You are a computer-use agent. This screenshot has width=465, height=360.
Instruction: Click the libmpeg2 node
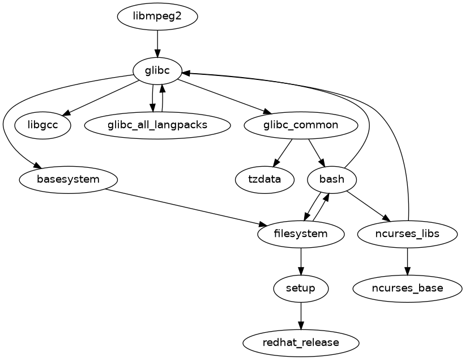click(157, 16)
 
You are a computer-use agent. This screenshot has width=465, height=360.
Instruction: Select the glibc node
click(157, 70)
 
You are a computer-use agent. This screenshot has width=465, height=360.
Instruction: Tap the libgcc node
click(42, 125)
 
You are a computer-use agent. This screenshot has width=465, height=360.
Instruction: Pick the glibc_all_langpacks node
click(157, 125)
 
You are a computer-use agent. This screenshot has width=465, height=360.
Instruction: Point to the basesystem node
click(68, 180)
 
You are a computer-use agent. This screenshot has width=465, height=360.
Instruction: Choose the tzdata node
click(265, 180)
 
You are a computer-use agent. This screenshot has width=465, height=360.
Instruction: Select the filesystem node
click(301, 234)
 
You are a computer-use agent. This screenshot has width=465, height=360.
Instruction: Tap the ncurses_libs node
click(407, 234)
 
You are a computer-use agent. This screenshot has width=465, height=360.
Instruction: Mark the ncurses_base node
click(407, 288)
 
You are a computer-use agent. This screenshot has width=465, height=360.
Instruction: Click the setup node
click(301, 288)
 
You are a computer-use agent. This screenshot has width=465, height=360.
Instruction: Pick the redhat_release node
click(301, 342)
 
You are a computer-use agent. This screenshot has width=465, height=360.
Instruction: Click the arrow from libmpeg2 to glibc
click(157, 43)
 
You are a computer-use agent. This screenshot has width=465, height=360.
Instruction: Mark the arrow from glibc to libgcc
click(99, 99)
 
